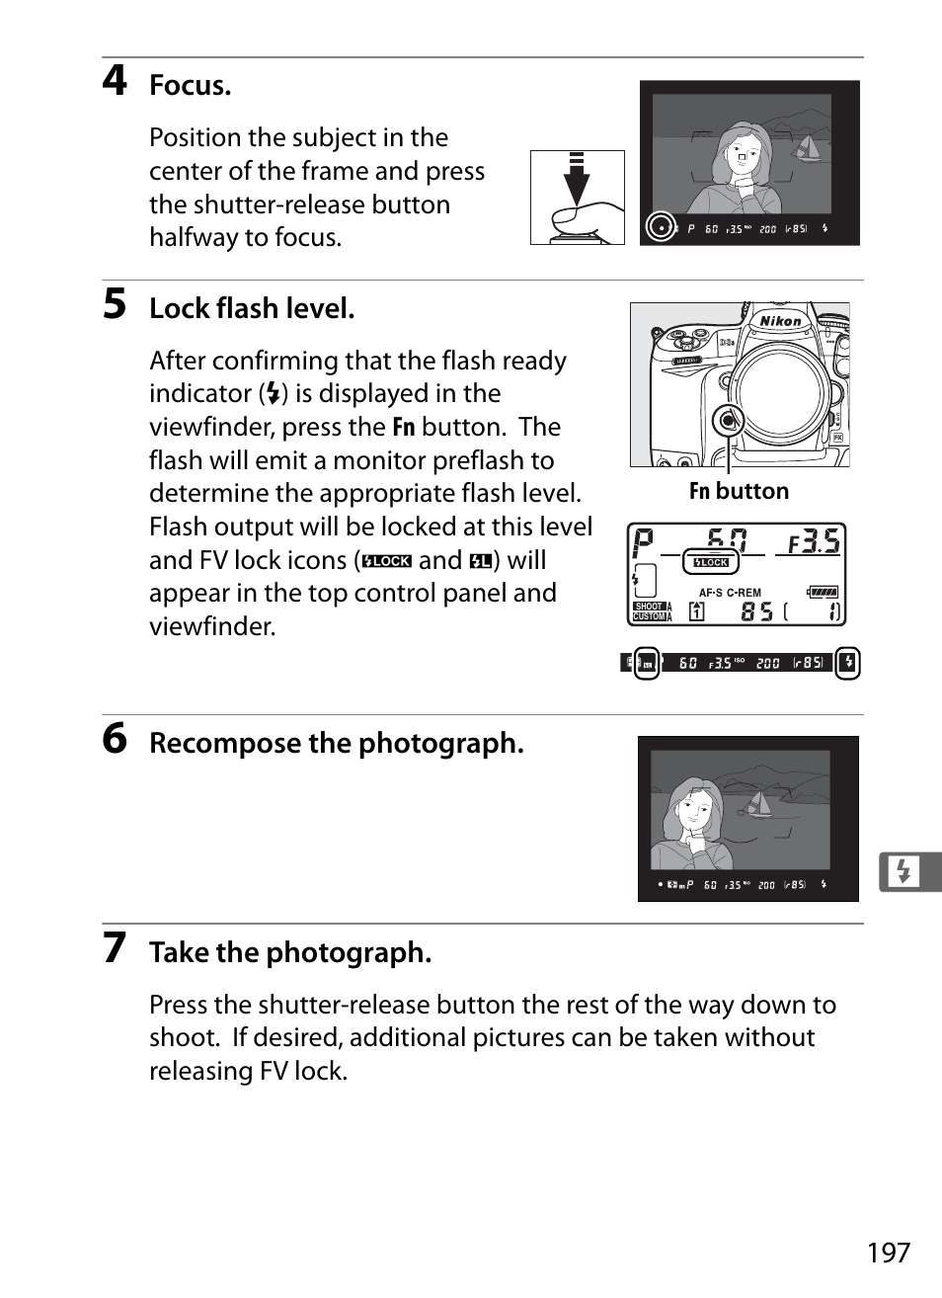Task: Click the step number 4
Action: click(x=115, y=80)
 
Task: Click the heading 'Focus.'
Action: click(x=190, y=85)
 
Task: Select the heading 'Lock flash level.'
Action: click(x=252, y=308)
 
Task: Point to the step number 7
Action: click(x=115, y=948)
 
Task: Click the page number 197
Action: click(x=888, y=1253)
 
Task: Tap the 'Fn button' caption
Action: click(x=739, y=491)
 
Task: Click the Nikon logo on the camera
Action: click(x=780, y=321)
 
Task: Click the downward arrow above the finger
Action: click(x=577, y=178)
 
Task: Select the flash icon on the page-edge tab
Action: click(x=903, y=871)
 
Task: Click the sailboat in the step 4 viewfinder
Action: click(x=807, y=148)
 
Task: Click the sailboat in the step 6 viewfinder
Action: click(x=758, y=804)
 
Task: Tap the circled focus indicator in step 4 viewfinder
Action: click(x=661, y=227)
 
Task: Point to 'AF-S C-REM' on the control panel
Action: click(x=730, y=593)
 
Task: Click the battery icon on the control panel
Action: click(x=823, y=593)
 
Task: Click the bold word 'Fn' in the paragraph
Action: click(x=404, y=427)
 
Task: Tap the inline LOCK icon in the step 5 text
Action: click(x=386, y=561)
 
